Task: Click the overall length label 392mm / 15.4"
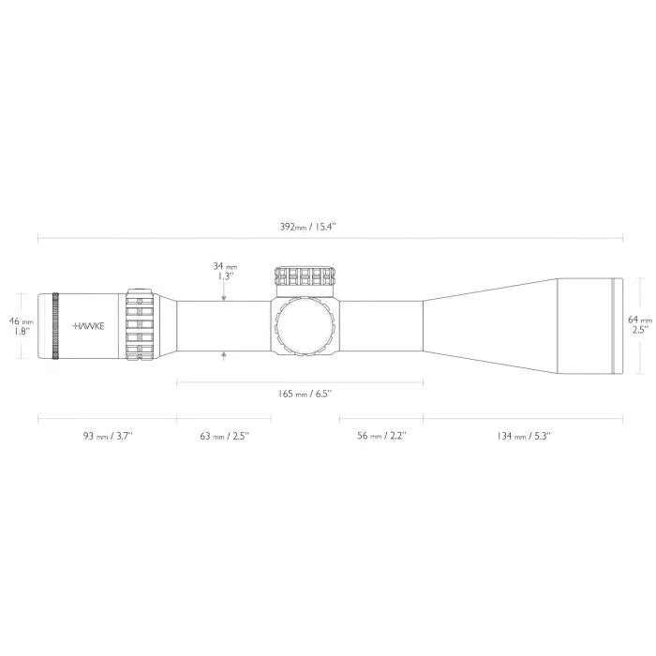[327, 227]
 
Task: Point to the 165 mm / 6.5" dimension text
[299, 394]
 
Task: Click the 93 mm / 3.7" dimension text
[108, 436]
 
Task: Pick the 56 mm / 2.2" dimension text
[380, 436]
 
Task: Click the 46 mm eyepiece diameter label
[20, 320]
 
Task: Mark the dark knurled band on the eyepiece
[55, 325]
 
